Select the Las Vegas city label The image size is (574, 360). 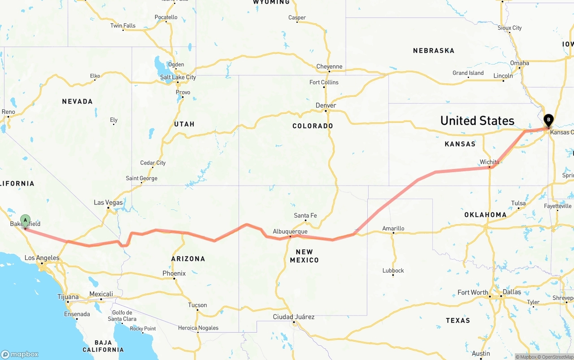pos(108,203)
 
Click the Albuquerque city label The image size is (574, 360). pos(290,232)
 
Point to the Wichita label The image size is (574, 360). pos(489,162)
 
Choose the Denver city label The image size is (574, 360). pos(326,105)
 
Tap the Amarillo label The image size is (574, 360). pos(393,229)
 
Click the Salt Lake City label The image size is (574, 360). pos(178,77)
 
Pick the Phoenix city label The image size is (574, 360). pos(174,273)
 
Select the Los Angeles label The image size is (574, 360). pos(42,258)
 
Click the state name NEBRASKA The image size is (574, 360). pos(433,51)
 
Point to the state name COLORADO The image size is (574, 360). pos(313,126)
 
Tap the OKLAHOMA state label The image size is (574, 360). pos(485,215)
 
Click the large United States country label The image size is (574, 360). pos(477,121)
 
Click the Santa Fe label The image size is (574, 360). pos(305,216)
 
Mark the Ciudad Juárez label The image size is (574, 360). pos(294,317)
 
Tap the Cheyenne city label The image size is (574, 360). pos(329,67)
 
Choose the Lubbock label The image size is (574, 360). pos(393,271)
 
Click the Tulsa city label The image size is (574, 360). pos(518,204)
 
